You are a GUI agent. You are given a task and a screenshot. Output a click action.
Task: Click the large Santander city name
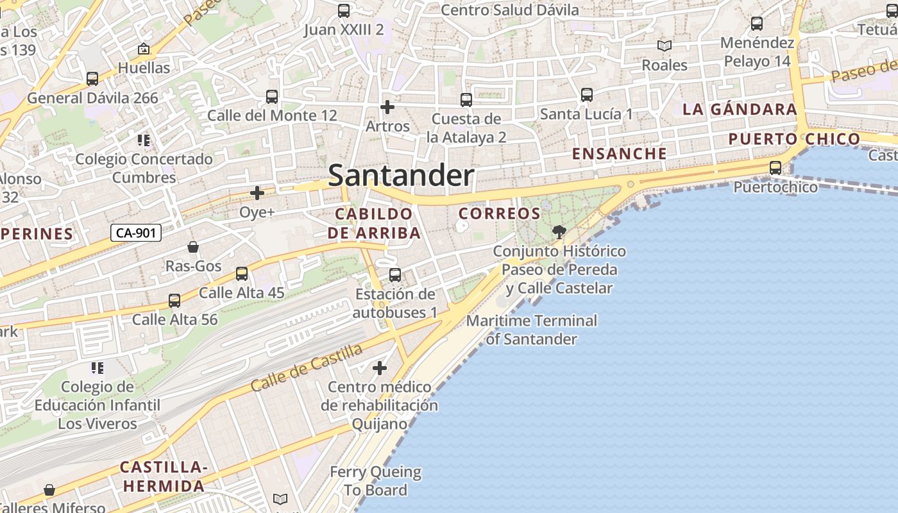[401, 176]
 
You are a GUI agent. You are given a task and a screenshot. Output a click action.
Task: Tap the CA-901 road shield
[135, 233]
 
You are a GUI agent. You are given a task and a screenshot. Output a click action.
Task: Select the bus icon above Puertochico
[775, 168]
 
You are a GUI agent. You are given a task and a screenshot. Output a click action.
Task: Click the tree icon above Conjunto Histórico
[559, 231]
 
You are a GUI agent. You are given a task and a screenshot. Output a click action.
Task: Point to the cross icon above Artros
[387, 107]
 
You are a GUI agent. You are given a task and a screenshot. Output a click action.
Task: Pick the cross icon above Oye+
[257, 192]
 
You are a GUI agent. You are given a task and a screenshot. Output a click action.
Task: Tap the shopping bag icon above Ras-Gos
[192, 247]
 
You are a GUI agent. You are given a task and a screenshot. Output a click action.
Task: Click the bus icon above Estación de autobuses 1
[395, 275]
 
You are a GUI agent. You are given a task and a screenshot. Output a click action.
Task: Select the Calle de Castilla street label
[307, 367]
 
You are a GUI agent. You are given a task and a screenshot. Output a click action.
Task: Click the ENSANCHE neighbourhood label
[619, 154]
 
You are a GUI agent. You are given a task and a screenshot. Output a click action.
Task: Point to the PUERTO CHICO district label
[794, 139]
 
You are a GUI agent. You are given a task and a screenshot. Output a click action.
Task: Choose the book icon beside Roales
[665, 46]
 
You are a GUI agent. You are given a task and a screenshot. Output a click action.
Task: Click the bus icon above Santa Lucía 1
[586, 95]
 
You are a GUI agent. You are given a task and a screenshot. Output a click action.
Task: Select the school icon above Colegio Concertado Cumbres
[144, 140]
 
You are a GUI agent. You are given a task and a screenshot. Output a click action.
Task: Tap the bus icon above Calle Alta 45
[242, 274]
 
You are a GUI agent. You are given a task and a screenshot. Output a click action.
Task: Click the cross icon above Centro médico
[380, 368]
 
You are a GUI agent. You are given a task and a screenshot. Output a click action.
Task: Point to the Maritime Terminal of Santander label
[532, 330]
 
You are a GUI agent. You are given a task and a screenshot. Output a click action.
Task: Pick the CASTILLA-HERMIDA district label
[164, 476]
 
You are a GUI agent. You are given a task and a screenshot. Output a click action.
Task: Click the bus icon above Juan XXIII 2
[344, 11]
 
